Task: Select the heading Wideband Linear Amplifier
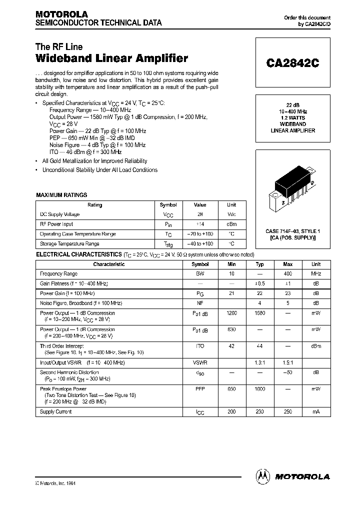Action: click(112, 58)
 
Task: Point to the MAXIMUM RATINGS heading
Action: click(61, 195)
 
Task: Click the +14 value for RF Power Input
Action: click(200, 224)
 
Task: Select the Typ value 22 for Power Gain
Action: click(259, 293)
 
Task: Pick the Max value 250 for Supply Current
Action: click(287, 412)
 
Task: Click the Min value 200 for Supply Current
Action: click(231, 412)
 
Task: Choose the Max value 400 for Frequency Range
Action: click(287, 274)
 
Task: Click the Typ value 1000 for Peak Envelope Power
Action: click(259, 389)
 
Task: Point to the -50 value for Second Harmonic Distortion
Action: click(287, 372)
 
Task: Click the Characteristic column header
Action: click(108, 264)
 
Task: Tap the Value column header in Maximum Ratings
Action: click(200, 205)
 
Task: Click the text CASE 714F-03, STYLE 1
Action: click(292, 231)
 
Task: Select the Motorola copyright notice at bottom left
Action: click(55, 483)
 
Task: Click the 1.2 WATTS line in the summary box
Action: click(292, 118)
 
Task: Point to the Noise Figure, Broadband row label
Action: click(81, 303)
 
